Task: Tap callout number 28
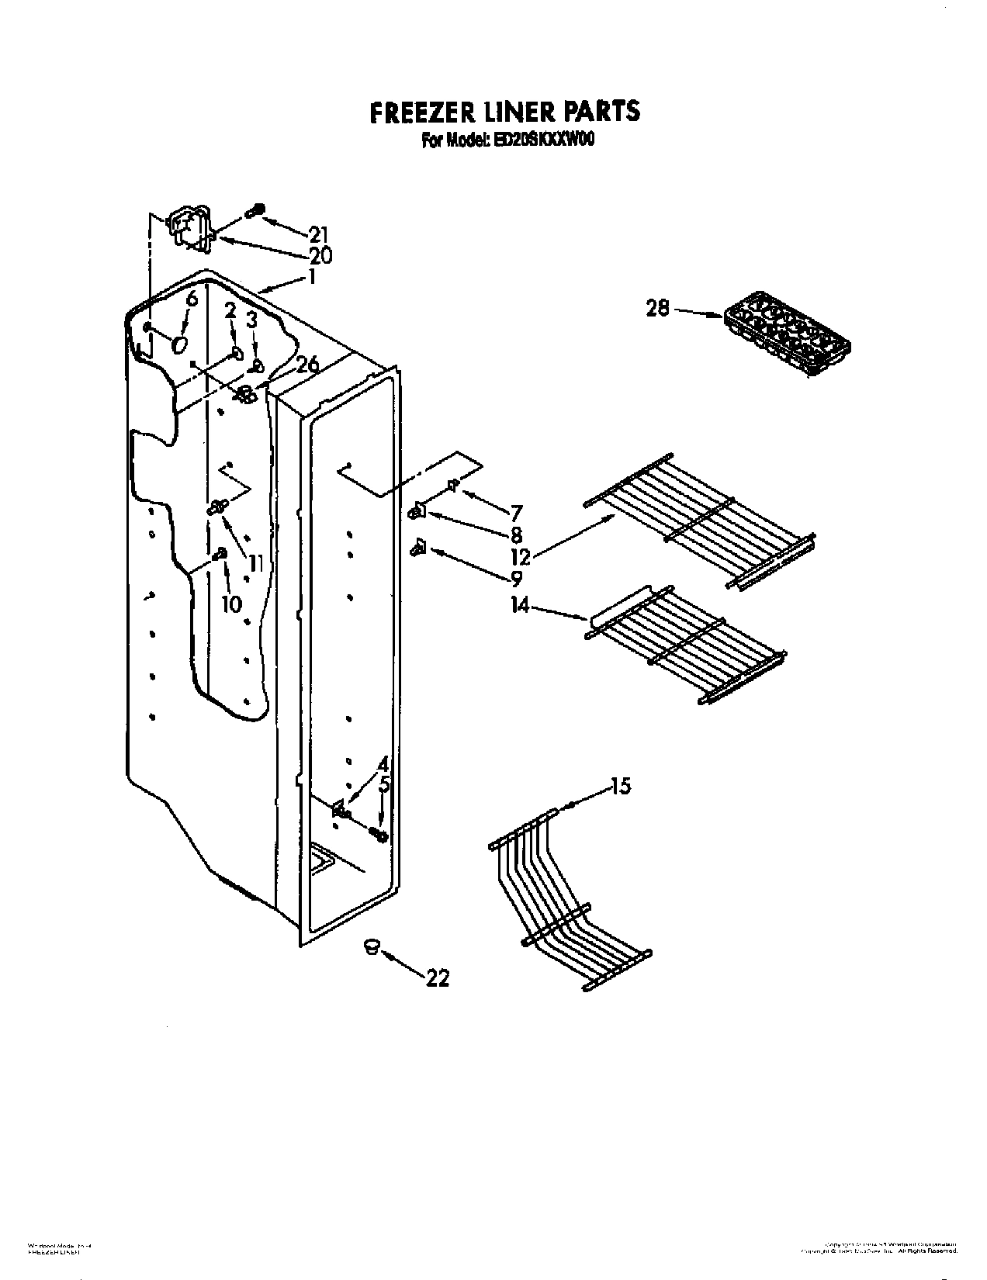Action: (657, 309)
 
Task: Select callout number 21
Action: (318, 234)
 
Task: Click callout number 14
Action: (520, 604)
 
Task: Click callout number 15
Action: (621, 787)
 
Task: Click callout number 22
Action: (438, 978)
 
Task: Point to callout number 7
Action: (516, 513)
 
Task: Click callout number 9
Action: (516, 578)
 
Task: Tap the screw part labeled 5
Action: (379, 835)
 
